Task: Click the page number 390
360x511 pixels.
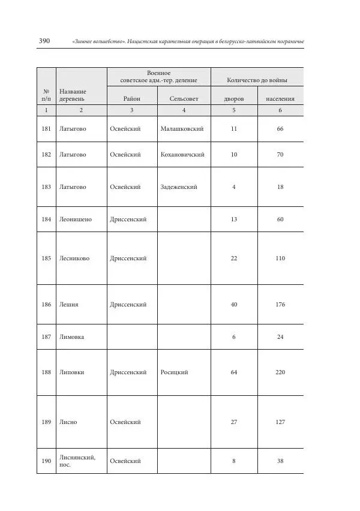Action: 44,41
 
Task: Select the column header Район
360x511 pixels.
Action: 132,98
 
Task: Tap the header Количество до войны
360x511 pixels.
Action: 257,80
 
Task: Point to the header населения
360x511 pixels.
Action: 280,98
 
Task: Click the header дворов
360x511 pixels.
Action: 234,98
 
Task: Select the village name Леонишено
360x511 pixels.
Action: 76,220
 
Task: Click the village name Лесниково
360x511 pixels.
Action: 74,258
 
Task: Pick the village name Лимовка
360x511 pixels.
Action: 71,337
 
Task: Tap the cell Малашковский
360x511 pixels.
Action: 182,129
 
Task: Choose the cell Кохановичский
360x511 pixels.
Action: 182,155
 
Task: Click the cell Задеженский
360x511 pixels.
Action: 179,187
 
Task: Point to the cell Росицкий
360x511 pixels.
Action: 175,372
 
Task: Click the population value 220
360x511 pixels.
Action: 280,372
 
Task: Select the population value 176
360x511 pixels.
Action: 280,305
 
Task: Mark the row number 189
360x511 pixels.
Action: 46,422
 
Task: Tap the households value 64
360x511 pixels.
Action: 234,372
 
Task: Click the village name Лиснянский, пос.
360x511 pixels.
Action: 77,461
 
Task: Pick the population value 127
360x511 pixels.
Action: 280,422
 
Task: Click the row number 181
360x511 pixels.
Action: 46,129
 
